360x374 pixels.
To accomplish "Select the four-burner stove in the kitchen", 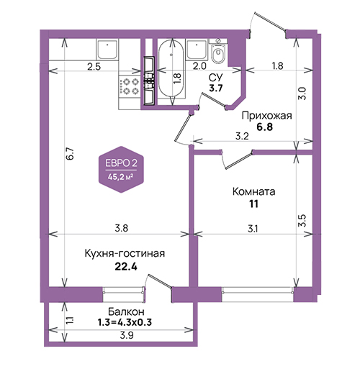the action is click(129, 87).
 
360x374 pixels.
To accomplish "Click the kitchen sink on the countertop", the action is click(107, 50).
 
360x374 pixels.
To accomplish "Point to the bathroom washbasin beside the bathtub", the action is click(197, 50).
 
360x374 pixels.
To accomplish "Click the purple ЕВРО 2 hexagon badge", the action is click(122, 170).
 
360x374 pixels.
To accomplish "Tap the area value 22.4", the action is click(126, 266).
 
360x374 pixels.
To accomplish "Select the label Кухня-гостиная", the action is click(125, 253).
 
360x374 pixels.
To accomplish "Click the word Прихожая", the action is click(266, 116).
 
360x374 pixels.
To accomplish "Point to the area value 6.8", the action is click(265, 127).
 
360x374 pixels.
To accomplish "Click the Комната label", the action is click(254, 192).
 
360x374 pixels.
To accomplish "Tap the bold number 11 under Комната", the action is click(253, 204).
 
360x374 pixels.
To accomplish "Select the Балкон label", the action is click(126, 311).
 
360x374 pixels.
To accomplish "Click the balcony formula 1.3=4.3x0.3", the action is click(125, 322).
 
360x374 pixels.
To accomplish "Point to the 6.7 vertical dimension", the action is click(71, 154).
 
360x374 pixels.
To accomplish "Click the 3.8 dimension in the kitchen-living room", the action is click(122, 228).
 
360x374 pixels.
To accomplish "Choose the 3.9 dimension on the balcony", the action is click(127, 335).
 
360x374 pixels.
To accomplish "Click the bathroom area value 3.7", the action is click(216, 88).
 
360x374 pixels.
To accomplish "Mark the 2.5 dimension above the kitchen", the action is click(94, 67).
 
